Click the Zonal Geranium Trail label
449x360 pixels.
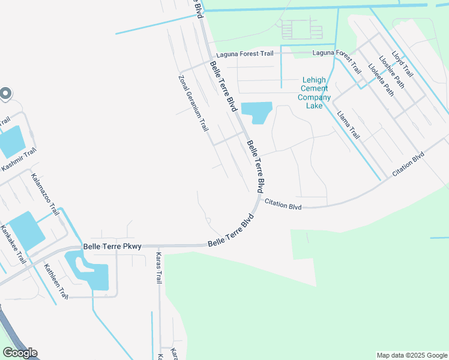coord(193,103)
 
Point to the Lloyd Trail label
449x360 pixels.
coord(402,63)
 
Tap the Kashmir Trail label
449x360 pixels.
coord(19,160)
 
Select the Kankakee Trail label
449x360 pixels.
coord(13,244)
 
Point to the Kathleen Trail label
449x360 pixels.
coord(56,282)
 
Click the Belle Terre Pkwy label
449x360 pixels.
coord(112,247)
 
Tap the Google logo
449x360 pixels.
coord(20,353)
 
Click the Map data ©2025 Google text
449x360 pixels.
coord(411,355)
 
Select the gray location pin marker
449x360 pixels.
coord(5,94)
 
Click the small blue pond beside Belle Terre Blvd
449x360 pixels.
coord(256,112)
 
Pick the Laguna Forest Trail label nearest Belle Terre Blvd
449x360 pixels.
coord(247,54)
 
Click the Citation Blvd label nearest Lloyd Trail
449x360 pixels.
coord(408,164)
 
